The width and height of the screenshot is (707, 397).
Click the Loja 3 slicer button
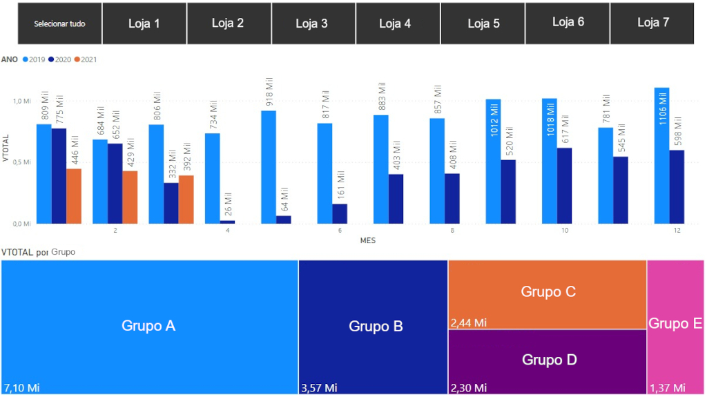point(312,23)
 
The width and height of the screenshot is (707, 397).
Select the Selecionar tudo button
point(60,23)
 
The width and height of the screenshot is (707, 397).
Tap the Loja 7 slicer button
point(652,23)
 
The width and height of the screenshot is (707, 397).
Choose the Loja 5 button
point(483,23)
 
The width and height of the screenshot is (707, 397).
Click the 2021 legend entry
point(86,59)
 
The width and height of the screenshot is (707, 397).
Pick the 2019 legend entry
point(34,59)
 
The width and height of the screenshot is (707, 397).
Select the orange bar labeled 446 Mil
point(74,196)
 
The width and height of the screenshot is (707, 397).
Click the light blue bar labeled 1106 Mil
point(661,155)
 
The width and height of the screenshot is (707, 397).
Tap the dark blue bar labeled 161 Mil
point(340,213)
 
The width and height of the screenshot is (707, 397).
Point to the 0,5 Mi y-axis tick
point(22,162)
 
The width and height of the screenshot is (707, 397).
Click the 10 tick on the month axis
point(565,230)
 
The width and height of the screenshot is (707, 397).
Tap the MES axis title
point(367,240)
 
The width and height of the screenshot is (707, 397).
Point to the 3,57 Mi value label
point(319,388)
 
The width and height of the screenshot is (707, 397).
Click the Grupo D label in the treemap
point(549,360)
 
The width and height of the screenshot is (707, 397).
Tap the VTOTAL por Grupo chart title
point(39,252)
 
